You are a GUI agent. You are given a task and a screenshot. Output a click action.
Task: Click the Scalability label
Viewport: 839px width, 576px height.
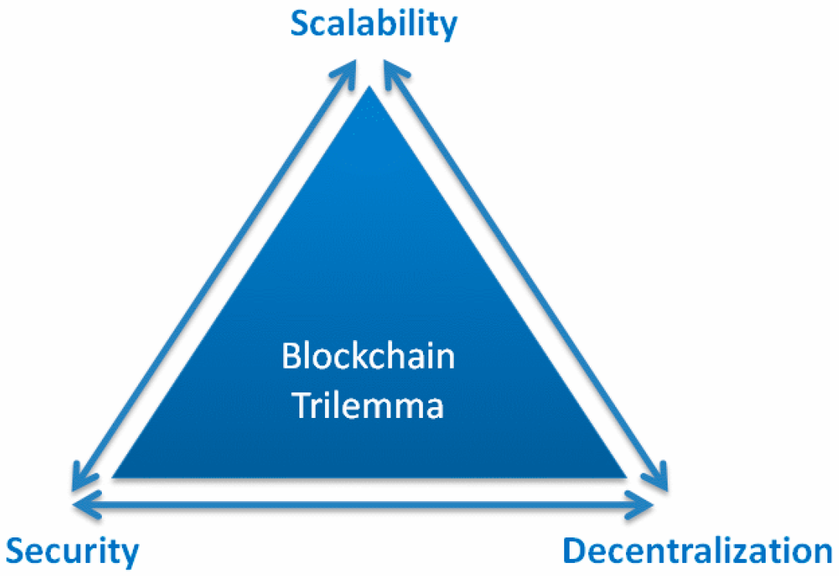(x=374, y=24)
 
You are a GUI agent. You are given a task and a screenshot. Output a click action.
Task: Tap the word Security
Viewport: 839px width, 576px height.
(x=74, y=551)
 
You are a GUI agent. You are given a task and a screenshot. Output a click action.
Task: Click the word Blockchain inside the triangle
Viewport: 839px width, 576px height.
(x=368, y=357)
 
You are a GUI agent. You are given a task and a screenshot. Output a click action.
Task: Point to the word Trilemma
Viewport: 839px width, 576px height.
(x=368, y=405)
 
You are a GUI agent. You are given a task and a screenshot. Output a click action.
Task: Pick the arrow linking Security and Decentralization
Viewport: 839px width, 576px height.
(x=363, y=504)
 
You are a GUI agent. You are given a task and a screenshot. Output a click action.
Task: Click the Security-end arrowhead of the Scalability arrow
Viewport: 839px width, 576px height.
(x=78, y=480)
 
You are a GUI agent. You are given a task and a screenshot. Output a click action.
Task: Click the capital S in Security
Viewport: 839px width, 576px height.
(x=18, y=552)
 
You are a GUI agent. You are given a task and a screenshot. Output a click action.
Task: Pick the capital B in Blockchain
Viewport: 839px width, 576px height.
(x=289, y=358)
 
